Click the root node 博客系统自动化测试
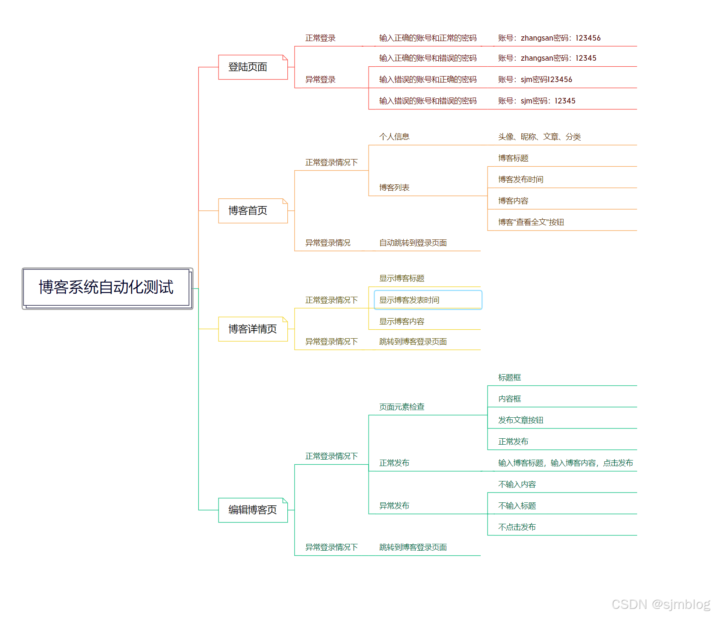(106, 287)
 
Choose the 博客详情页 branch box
(252, 329)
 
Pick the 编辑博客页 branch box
(252, 510)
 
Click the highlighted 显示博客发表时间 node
(428, 300)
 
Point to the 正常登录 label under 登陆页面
(320, 38)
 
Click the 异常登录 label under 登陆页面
(320, 80)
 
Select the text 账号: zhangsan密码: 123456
(549, 38)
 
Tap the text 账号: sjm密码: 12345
(537, 101)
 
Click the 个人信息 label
(394, 137)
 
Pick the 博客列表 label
(394, 188)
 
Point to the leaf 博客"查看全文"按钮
(531, 222)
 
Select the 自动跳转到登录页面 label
(413, 243)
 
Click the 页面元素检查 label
(402, 407)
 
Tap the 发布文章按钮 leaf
(520, 420)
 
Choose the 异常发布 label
(394, 506)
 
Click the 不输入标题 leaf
(517, 506)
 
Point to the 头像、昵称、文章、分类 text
(539, 137)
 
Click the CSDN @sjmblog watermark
(660, 604)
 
